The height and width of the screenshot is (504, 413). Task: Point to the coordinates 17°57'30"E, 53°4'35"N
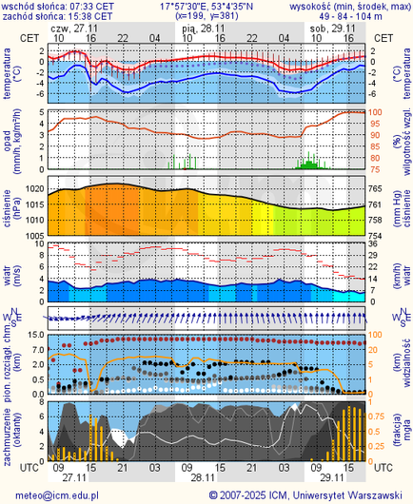click(206, 6)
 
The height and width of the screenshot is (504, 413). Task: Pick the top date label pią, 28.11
click(203, 28)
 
